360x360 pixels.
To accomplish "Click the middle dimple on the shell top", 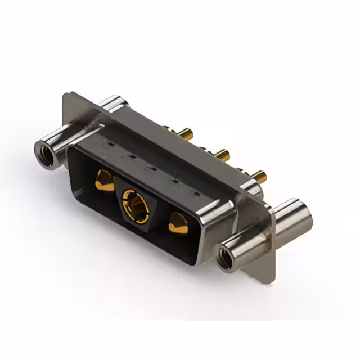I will [148, 168].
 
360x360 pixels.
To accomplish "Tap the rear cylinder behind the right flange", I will [292, 214].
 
